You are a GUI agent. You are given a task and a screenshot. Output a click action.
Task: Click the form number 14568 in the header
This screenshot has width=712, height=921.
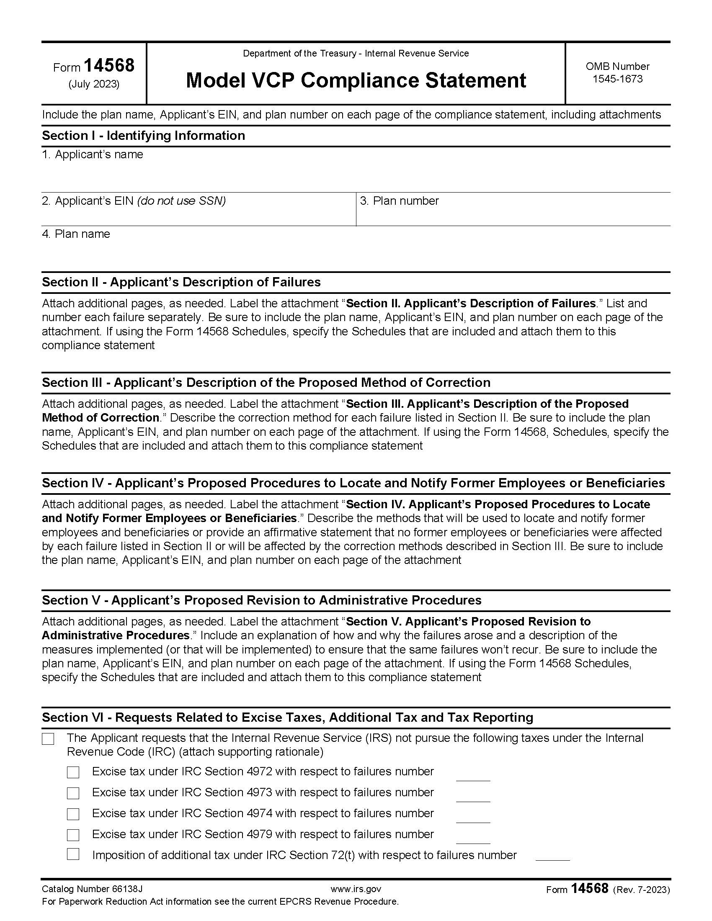pyautogui.click(x=109, y=66)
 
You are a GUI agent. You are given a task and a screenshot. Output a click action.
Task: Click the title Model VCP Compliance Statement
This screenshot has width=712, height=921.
pyautogui.click(x=356, y=80)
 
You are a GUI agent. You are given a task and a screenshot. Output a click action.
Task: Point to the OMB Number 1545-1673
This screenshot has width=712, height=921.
pyautogui.click(x=617, y=72)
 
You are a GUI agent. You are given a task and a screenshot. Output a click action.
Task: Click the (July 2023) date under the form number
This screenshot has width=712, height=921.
pyautogui.click(x=94, y=84)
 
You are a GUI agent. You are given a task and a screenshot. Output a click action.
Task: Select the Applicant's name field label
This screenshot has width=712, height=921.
pyautogui.click(x=93, y=154)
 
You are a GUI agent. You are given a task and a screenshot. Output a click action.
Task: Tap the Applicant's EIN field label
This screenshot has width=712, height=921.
pyautogui.click(x=134, y=201)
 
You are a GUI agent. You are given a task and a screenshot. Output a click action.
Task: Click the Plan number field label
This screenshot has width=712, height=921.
pyautogui.click(x=399, y=201)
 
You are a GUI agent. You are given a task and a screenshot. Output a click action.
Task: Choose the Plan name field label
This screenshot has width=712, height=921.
pyautogui.click(x=76, y=234)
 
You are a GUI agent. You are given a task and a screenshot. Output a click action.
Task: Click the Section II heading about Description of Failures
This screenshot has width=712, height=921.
pyautogui.click(x=181, y=282)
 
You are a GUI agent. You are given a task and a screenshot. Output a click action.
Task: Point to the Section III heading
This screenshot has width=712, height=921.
pyautogui.click(x=266, y=383)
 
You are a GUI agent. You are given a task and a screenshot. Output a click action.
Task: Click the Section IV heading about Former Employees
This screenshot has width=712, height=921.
pyautogui.click(x=353, y=483)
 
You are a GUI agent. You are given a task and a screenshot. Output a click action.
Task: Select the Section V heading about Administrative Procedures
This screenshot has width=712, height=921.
pyautogui.click(x=261, y=600)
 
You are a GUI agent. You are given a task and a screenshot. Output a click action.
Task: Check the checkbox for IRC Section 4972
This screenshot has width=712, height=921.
pyautogui.click(x=73, y=772)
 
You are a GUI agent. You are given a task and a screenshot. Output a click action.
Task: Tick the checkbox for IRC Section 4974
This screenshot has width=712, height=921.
pyautogui.click(x=73, y=814)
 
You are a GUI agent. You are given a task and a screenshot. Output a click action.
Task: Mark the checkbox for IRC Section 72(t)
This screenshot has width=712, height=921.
pyautogui.click(x=73, y=855)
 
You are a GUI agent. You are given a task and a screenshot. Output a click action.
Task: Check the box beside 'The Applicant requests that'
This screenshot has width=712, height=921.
pyautogui.click(x=48, y=739)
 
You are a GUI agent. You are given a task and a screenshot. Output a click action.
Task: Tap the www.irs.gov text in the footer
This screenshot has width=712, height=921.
pyautogui.click(x=356, y=889)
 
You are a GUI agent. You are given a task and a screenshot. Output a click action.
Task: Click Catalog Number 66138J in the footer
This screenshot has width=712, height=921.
pyautogui.click(x=92, y=889)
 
